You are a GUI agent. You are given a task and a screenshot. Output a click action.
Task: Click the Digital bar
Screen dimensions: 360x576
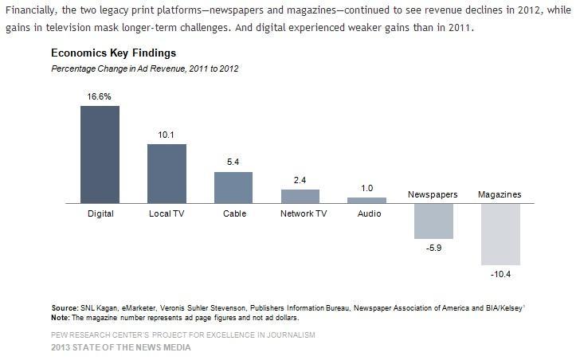coord(100,155)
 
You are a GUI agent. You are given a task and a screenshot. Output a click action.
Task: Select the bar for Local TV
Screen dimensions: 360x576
coord(167,174)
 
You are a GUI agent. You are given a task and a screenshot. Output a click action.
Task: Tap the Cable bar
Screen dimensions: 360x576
coord(233,187)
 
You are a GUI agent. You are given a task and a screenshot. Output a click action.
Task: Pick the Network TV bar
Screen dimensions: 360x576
coord(300,196)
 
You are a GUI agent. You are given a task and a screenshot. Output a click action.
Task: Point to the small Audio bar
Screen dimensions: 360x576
coord(366,200)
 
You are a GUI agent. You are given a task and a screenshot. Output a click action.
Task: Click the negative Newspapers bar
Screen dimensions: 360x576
coord(433,221)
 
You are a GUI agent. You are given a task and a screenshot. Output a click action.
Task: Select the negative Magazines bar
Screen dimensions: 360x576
coord(500,234)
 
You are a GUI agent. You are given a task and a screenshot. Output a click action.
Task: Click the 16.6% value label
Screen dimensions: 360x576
coord(100,96)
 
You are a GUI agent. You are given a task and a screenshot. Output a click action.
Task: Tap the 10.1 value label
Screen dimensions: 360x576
coord(167,135)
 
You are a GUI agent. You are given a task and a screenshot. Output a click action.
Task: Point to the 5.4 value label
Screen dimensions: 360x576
coord(233,162)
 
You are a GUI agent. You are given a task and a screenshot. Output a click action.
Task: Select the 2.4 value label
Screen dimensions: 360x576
coord(300,180)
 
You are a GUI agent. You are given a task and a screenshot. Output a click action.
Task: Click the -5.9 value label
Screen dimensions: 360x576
coord(433,248)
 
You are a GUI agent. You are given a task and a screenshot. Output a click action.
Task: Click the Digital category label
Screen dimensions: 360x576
coord(100,213)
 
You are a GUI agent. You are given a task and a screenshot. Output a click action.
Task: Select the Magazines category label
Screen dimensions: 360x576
coord(500,194)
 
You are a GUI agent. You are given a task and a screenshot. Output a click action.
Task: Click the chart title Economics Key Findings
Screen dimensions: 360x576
coord(113,53)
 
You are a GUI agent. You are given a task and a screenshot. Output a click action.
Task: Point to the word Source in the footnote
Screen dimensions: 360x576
coord(64,307)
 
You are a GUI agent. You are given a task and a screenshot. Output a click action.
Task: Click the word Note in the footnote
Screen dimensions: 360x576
coord(61,316)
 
